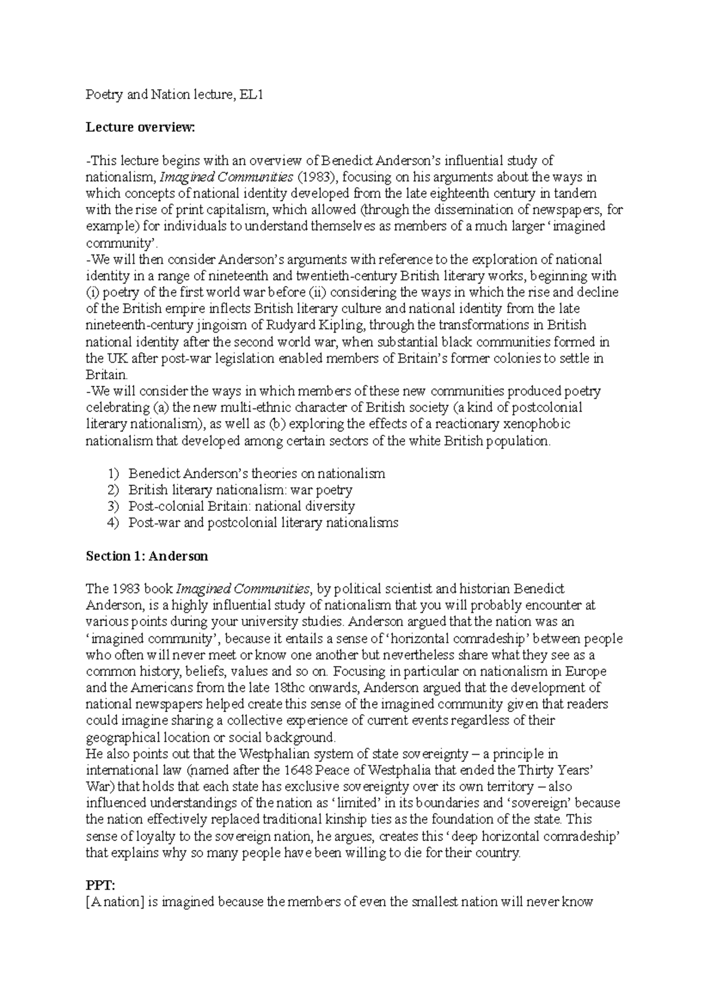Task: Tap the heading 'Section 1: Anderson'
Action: (x=147, y=556)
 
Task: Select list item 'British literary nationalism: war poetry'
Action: (x=240, y=489)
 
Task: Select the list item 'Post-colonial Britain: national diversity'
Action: (x=241, y=506)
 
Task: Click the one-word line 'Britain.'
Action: (x=106, y=375)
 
